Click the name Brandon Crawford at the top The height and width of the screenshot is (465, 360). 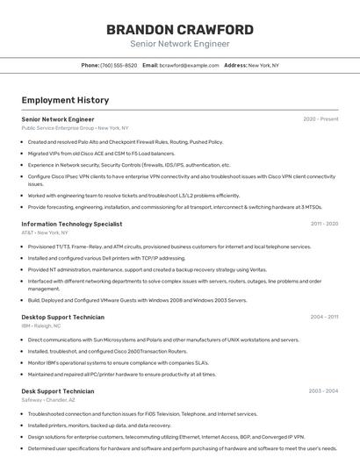click(180, 30)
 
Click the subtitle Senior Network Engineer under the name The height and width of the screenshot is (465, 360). click(180, 44)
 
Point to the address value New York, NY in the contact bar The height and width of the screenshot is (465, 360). click(263, 66)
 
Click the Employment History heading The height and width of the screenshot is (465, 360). click(65, 100)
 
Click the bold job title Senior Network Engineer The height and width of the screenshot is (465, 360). click(58, 119)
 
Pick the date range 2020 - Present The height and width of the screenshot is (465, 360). click(320, 119)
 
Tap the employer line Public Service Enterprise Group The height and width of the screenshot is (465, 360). click(75, 128)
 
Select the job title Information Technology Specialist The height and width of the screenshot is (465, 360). click(72, 225)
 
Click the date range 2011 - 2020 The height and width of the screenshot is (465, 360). click(324, 225)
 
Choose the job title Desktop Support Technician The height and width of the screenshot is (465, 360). click(62, 317)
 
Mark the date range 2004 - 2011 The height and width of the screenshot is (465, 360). click(324, 317)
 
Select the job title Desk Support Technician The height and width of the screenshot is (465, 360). click(58, 391)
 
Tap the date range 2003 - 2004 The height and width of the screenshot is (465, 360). click(323, 391)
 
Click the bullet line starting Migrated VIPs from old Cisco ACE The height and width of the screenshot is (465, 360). click(101, 154)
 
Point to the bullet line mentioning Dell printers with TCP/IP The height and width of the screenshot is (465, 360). click(106, 259)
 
